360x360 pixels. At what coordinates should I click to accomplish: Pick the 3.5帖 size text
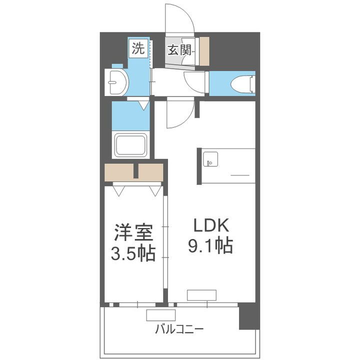click(x=132, y=253)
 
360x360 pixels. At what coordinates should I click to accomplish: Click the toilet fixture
click(x=243, y=84)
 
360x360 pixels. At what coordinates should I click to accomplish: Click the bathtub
click(x=131, y=145)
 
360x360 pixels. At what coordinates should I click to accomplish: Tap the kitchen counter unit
click(x=227, y=165)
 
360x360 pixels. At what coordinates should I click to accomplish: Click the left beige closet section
click(x=119, y=173)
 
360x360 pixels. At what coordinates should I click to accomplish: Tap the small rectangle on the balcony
click(x=160, y=314)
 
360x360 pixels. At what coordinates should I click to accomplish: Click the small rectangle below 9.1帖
click(x=202, y=294)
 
